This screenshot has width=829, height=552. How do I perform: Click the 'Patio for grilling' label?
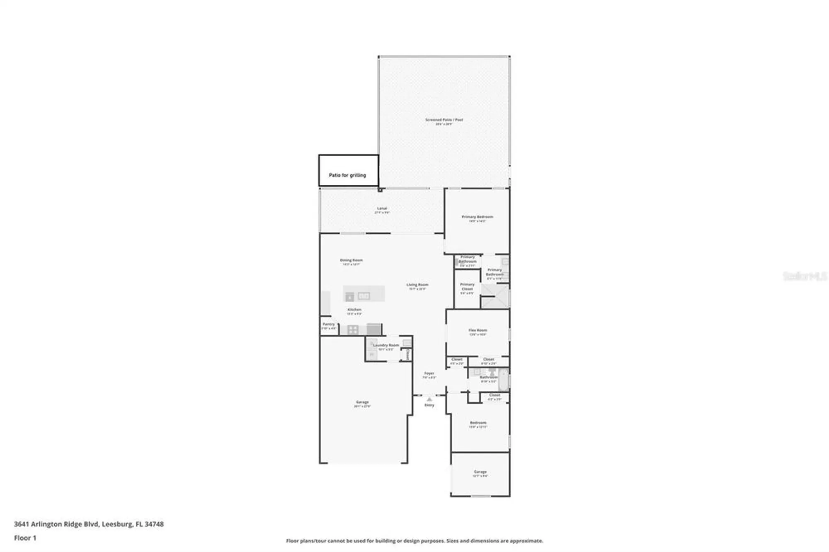pos(347,175)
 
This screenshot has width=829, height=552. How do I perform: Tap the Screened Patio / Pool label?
pos(444,120)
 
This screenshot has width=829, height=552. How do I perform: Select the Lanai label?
pos(382,208)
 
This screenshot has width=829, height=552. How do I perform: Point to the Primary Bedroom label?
pos(477,217)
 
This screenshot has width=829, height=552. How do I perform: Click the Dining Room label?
pos(351,260)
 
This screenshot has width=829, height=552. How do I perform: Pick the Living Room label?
pos(417,285)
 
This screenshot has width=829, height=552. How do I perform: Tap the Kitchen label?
pos(354,310)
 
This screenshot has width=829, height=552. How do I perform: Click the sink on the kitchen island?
pos(364,295)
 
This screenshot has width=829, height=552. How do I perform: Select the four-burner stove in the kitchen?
pos(353,330)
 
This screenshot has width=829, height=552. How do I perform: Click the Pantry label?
pos(329,324)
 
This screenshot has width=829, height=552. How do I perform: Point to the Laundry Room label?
pos(386,345)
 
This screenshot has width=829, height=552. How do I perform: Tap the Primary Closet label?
pos(467,286)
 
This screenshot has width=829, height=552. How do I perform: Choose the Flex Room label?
pos(478,330)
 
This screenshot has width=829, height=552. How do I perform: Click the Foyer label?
pos(429,373)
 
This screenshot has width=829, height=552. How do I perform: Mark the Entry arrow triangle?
pos(429,399)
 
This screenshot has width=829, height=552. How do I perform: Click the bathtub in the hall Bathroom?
pos(503,379)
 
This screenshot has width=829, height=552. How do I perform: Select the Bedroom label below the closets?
pos(478,423)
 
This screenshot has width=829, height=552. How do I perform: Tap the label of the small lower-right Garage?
pos(480,472)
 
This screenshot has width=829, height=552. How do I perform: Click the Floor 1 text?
pos(25,538)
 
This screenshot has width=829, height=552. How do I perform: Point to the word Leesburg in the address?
pos(116,524)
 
